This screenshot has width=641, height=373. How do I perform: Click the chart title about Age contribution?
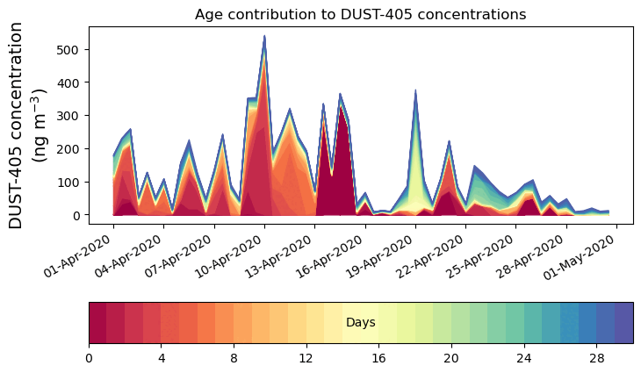coord(360,14)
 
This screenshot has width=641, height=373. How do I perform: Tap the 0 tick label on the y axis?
coord(77,215)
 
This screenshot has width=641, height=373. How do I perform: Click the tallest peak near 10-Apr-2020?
coord(264,37)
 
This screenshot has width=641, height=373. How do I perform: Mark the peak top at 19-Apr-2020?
coord(415,90)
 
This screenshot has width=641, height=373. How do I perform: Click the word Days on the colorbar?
coord(361,323)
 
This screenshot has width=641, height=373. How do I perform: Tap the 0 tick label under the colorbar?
coord(89,358)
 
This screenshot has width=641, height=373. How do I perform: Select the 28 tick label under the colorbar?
coord(597,358)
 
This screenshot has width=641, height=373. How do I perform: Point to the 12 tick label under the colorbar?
coord(306,358)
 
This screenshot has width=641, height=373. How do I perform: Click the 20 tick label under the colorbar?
coord(451,358)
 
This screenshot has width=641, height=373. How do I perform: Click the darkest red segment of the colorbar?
coord(97,323)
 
